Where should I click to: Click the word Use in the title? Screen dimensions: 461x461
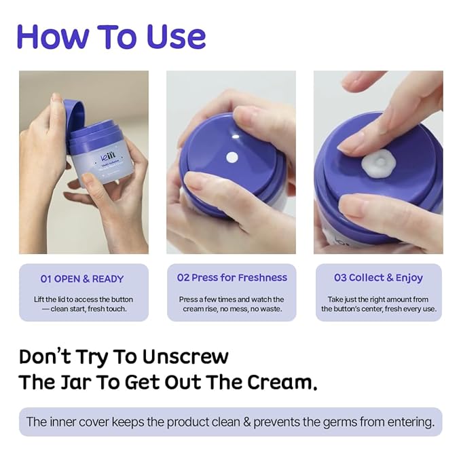tap(176, 37)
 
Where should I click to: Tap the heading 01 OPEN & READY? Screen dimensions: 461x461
tap(82, 279)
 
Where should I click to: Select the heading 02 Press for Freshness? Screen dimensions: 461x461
tap(232, 278)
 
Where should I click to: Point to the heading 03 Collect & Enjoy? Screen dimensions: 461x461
tap(378, 278)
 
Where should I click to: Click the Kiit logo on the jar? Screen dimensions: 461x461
tap(108, 155)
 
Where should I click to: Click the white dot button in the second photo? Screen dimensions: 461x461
tap(232, 158)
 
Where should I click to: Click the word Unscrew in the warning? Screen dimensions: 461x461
tap(185, 357)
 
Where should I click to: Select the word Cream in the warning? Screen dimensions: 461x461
tap(282, 382)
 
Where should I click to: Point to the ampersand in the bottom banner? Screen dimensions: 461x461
tap(247, 422)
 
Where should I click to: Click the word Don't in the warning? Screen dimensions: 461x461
tap(45, 356)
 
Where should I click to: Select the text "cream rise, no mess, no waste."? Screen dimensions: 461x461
tap(232, 309)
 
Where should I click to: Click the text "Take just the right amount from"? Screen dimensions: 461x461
tap(378, 299)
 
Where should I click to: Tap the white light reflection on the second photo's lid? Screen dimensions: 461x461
tap(236, 136)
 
